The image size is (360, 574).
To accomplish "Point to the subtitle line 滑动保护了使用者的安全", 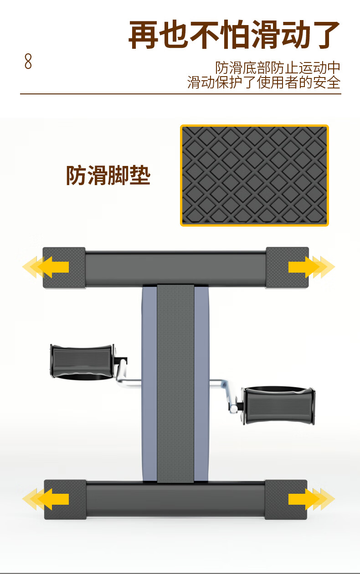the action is point(264,83).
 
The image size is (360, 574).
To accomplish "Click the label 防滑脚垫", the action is point(108,176).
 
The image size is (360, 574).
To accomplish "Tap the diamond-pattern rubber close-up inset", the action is point(254,176).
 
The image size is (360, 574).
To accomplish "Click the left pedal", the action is point(82,361).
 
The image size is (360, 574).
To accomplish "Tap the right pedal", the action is point(278,405).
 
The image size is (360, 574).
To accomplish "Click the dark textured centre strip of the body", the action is point(175,383).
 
